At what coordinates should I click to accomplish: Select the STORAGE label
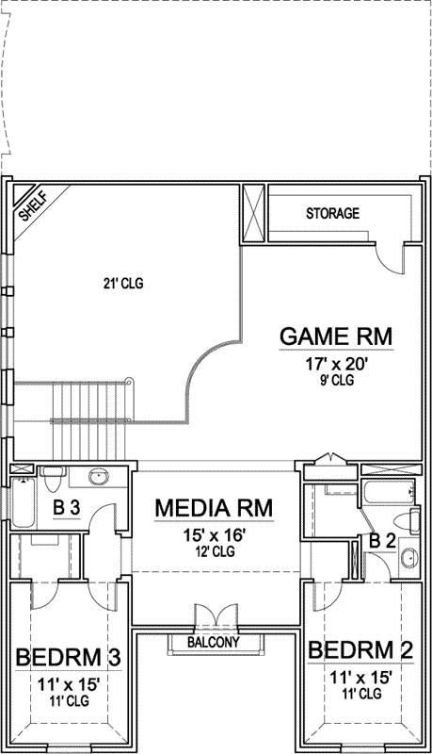[x=332, y=214]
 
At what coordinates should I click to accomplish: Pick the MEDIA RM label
[x=214, y=509]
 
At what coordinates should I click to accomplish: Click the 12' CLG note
[x=213, y=550]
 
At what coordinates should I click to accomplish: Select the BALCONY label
[x=213, y=643]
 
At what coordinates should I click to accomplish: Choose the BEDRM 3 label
[x=64, y=656]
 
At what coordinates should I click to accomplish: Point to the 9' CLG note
[x=336, y=381]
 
